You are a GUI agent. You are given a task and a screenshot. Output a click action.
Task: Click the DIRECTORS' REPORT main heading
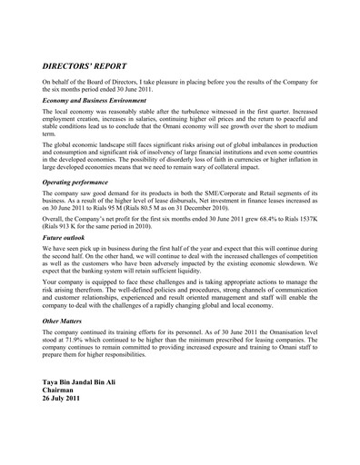click(91, 66)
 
